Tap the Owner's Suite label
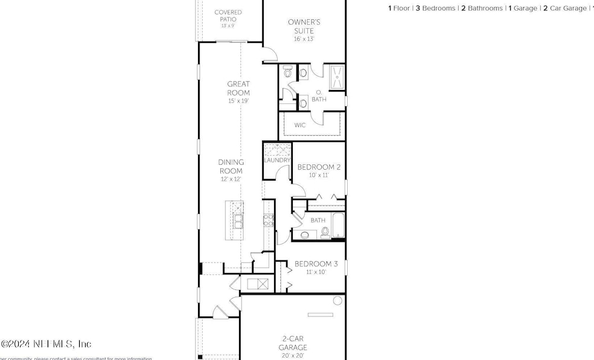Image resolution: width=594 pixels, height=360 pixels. coord(303,26)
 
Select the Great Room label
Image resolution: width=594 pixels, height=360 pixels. coord(238,88)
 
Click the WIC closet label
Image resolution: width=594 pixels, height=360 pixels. coord(300,126)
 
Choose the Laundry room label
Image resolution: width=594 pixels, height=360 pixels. coord(278,160)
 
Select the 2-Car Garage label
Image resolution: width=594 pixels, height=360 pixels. coord(293,343)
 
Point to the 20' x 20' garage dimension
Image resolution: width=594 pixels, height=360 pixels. coord(293,356)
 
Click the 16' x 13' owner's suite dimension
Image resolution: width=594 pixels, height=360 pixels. coord(303,39)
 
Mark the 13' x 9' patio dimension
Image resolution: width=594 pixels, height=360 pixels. coord(228,26)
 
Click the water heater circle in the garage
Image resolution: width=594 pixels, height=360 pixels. coord(337,300)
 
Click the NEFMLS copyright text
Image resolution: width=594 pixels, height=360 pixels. coord(46,344)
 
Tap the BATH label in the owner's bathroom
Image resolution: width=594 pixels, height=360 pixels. coord(319,100)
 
